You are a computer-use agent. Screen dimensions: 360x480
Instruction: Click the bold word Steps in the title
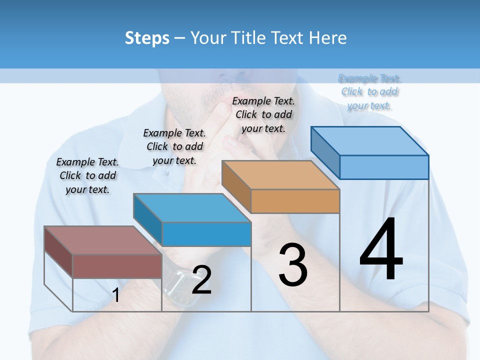click(147, 38)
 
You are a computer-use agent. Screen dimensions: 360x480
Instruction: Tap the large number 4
click(381, 250)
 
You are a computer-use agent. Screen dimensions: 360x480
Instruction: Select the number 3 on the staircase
click(293, 264)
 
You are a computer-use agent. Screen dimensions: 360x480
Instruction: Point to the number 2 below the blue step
click(201, 280)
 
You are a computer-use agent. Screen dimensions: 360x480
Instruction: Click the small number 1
click(116, 295)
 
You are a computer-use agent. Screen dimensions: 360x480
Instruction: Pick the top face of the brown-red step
click(103, 240)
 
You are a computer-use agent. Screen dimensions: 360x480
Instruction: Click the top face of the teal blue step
click(192, 207)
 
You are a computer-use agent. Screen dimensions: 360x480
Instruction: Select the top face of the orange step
click(280, 174)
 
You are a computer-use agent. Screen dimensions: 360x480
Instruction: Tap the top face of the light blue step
click(370, 140)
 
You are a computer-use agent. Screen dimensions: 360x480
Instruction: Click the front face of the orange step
click(295, 201)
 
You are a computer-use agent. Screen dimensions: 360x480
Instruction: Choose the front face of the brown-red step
click(117, 266)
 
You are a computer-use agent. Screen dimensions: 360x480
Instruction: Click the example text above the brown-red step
click(87, 175)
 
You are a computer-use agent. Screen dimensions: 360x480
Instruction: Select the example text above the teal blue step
click(174, 146)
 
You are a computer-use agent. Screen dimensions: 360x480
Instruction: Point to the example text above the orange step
click(263, 114)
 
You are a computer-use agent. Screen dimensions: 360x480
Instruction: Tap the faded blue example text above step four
click(369, 92)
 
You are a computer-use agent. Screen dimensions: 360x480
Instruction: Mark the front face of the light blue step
click(384, 167)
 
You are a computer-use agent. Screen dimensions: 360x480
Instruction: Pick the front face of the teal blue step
click(206, 234)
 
